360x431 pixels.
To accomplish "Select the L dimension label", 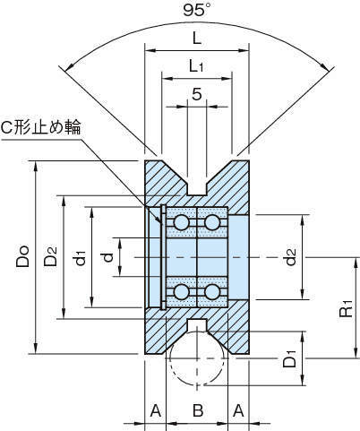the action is pos(197,38).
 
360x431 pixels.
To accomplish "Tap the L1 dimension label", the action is pos(196,65).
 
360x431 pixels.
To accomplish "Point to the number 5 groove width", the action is pos(197,94).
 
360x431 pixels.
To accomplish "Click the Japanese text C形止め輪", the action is pos(41,128).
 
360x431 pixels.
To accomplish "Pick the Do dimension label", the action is pos(22,256).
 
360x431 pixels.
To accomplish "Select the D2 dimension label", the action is pos(50,256).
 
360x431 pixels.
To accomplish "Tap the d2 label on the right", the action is pos(290,257).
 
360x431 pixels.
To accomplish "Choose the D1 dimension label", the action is pos(289,358).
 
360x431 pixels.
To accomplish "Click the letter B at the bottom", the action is pos(198,410).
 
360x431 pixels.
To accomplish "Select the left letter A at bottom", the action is pos(156,410).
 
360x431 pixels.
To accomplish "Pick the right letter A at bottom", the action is pos(238,410).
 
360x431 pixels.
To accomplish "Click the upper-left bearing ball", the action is pos(181,222).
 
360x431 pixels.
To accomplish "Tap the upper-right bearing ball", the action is pos(212,222).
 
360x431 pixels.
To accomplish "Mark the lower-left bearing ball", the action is pos(181,292).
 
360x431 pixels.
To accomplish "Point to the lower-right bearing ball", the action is pos(212,292).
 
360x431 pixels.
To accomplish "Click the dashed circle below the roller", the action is pos(197,384).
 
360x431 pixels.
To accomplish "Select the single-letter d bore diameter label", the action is pos(109,257).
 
